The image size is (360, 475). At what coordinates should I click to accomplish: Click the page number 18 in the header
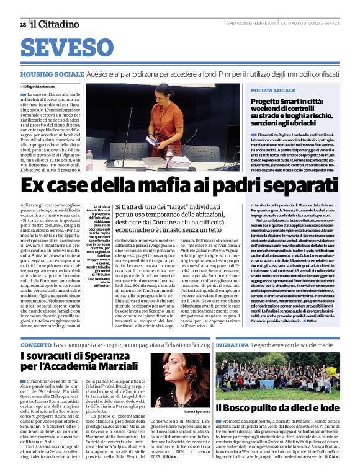click(23, 24)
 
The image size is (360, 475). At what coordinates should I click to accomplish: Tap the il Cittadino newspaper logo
click(55, 24)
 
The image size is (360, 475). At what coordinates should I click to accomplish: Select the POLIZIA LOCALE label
click(274, 91)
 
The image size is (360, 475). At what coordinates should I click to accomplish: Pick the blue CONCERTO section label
click(35, 344)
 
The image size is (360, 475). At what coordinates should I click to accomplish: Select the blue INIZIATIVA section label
click(233, 344)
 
